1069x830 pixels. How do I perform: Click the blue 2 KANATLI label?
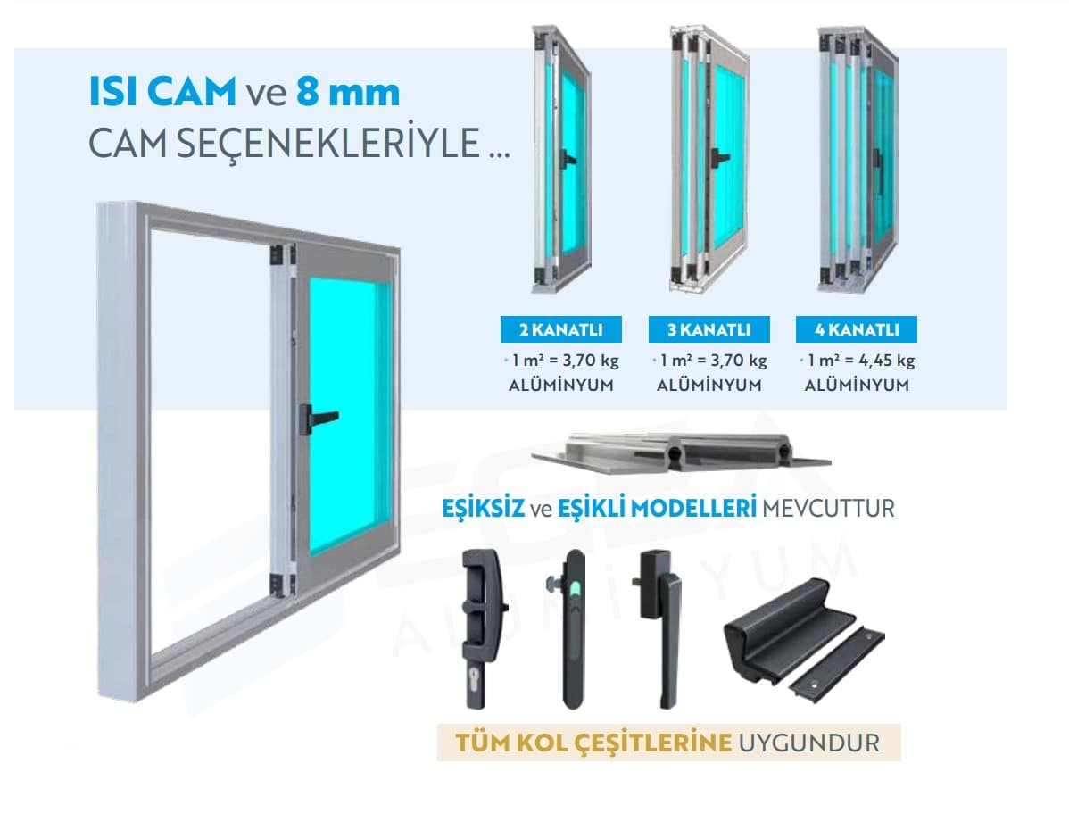click(561, 329)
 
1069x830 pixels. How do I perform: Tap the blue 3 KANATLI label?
click(709, 329)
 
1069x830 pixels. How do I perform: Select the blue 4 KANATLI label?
click(857, 329)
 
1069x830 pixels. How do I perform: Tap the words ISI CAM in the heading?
click(162, 91)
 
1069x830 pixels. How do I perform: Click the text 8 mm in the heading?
click(348, 91)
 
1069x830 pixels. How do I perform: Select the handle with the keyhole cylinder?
click(483, 627)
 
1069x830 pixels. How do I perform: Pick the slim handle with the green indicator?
click(574, 627)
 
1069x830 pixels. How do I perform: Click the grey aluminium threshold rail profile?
click(681, 452)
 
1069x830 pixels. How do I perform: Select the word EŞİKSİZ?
click(484, 508)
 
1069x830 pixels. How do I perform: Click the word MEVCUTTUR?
click(828, 509)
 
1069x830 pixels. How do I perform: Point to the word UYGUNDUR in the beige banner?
click(809, 743)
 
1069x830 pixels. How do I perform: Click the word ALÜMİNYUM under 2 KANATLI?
click(561, 386)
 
